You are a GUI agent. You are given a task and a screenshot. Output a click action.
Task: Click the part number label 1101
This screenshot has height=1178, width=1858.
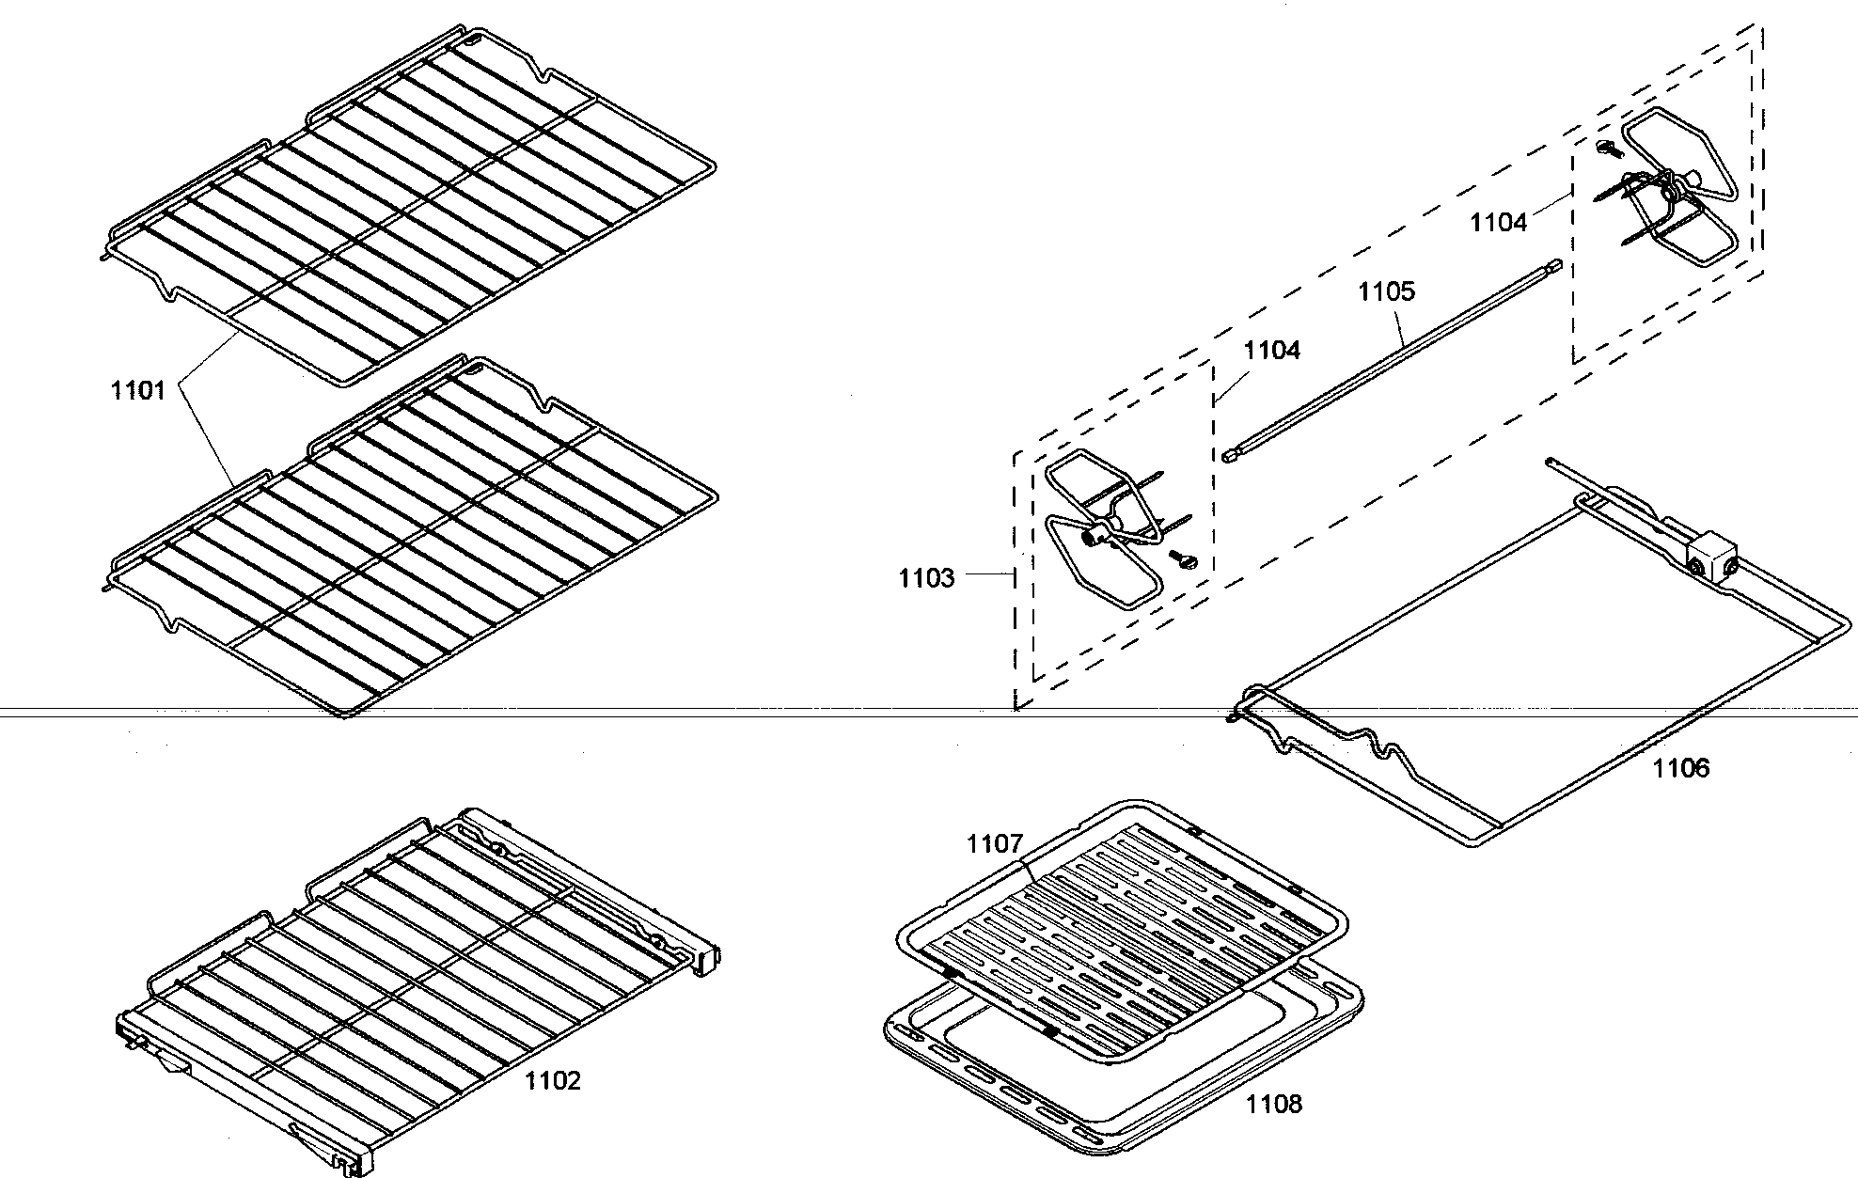[138, 390]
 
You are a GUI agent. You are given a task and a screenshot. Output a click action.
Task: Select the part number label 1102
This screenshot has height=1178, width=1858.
[552, 1080]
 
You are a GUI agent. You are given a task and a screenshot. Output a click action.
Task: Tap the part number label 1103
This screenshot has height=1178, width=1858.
[925, 577]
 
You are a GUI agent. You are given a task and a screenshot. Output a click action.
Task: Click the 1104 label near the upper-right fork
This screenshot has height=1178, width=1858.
[1498, 222]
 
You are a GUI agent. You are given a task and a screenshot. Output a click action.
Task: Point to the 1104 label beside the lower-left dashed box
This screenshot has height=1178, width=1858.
[1271, 350]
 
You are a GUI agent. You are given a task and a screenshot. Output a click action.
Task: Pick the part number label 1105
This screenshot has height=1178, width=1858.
[1386, 291]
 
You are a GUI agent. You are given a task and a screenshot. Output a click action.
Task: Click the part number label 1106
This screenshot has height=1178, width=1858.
[1681, 768]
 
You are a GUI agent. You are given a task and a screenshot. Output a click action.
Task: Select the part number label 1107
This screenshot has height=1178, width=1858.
[994, 843]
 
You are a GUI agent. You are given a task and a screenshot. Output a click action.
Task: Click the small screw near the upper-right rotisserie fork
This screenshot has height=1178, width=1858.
[1606, 148]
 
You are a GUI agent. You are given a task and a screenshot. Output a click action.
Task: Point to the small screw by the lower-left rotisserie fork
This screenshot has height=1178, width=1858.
[1182, 560]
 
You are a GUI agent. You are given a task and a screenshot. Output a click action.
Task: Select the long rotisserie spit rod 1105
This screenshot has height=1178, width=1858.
[1392, 361]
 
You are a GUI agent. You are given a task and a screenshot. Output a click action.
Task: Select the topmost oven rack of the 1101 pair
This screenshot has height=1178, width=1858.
[414, 207]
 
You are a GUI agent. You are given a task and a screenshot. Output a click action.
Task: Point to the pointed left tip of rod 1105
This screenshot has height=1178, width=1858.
[1228, 456]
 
